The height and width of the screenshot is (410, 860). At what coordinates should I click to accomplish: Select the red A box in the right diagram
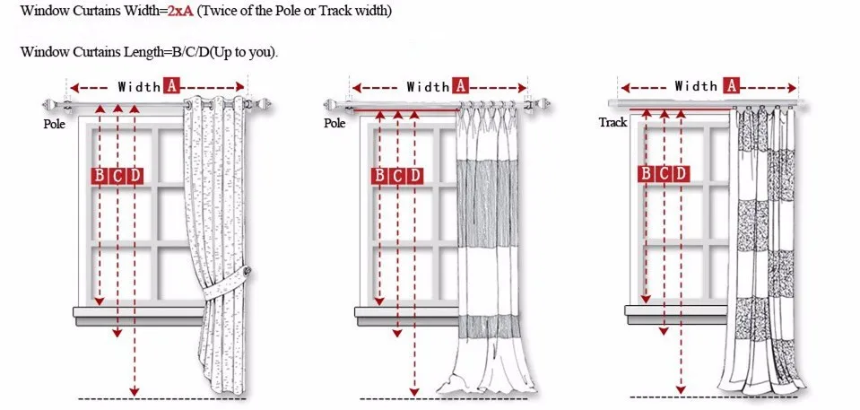(732, 86)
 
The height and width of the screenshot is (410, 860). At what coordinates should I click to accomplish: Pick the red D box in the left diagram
(135, 175)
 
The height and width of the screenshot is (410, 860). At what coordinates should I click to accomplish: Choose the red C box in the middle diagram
(398, 175)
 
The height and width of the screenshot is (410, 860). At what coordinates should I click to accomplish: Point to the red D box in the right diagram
(681, 173)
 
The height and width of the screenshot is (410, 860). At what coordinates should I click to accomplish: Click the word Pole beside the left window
(55, 125)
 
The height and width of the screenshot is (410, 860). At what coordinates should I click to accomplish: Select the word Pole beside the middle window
(334, 123)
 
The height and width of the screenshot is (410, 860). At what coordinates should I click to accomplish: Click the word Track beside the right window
(612, 122)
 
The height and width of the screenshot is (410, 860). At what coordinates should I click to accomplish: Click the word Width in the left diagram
(138, 87)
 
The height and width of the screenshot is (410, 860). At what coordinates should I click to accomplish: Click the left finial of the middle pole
(334, 106)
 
